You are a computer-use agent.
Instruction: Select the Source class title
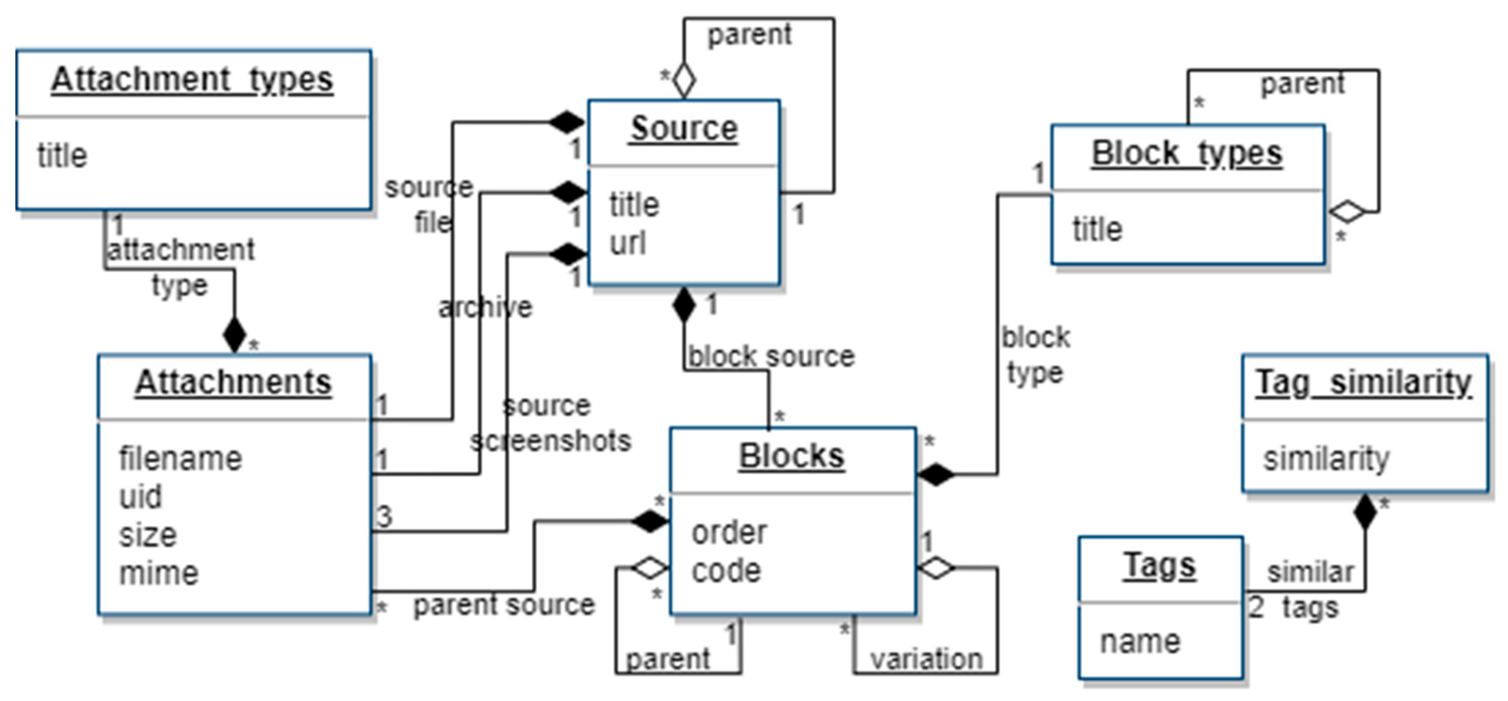(684, 128)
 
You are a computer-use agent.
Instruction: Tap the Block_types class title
(1187, 153)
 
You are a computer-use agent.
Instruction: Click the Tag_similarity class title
(1363, 383)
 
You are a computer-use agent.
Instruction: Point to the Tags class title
(1160, 566)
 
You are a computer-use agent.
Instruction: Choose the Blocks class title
(792, 456)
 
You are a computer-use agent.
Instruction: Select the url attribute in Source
(628, 243)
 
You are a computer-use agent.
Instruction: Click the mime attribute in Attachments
(159, 573)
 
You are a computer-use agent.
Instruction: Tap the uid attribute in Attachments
(140, 497)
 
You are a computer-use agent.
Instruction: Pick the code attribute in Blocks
(726, 571)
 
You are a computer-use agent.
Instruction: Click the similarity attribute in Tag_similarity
(1325, 458)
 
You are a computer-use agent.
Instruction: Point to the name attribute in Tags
(1140, 641)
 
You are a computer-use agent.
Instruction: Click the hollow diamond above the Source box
(684, 81)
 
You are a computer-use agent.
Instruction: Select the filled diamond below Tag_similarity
(1365, 512)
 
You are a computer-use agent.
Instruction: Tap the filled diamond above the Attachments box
(235, 335)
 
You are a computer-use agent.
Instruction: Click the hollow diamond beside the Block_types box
(1347, 212)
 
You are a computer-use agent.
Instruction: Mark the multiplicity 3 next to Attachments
(384, 517)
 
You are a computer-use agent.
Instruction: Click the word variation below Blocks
(926, 660)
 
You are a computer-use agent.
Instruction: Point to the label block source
(771, 356)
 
